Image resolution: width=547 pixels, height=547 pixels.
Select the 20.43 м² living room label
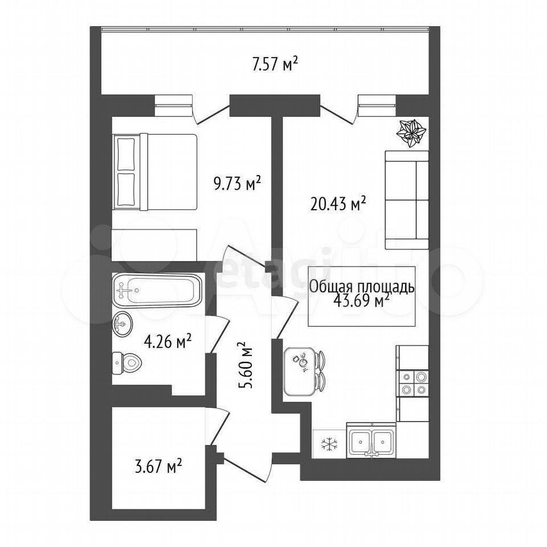(x=338, y=204)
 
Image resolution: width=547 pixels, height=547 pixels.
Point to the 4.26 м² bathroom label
(x=167, y=342)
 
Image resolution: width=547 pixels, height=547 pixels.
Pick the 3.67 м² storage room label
(x=158, y=467)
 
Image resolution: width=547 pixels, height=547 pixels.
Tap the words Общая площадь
(x=362, y=287)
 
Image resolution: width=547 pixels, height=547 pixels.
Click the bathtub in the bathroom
(x=158, y=290)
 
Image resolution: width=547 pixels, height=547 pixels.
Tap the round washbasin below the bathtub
(x=123, y=324)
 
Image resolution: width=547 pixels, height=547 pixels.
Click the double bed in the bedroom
(x=154, y=172)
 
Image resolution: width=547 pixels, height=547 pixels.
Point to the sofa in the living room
(x=407, y=200)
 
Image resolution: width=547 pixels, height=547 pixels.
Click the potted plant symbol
(x=411, y=133)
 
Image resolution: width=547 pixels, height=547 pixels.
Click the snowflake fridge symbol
(x=329, y=444)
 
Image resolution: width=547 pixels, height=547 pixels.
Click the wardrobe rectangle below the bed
(x=154, y=245)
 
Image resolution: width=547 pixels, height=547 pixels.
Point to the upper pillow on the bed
(x=126, y=154)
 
